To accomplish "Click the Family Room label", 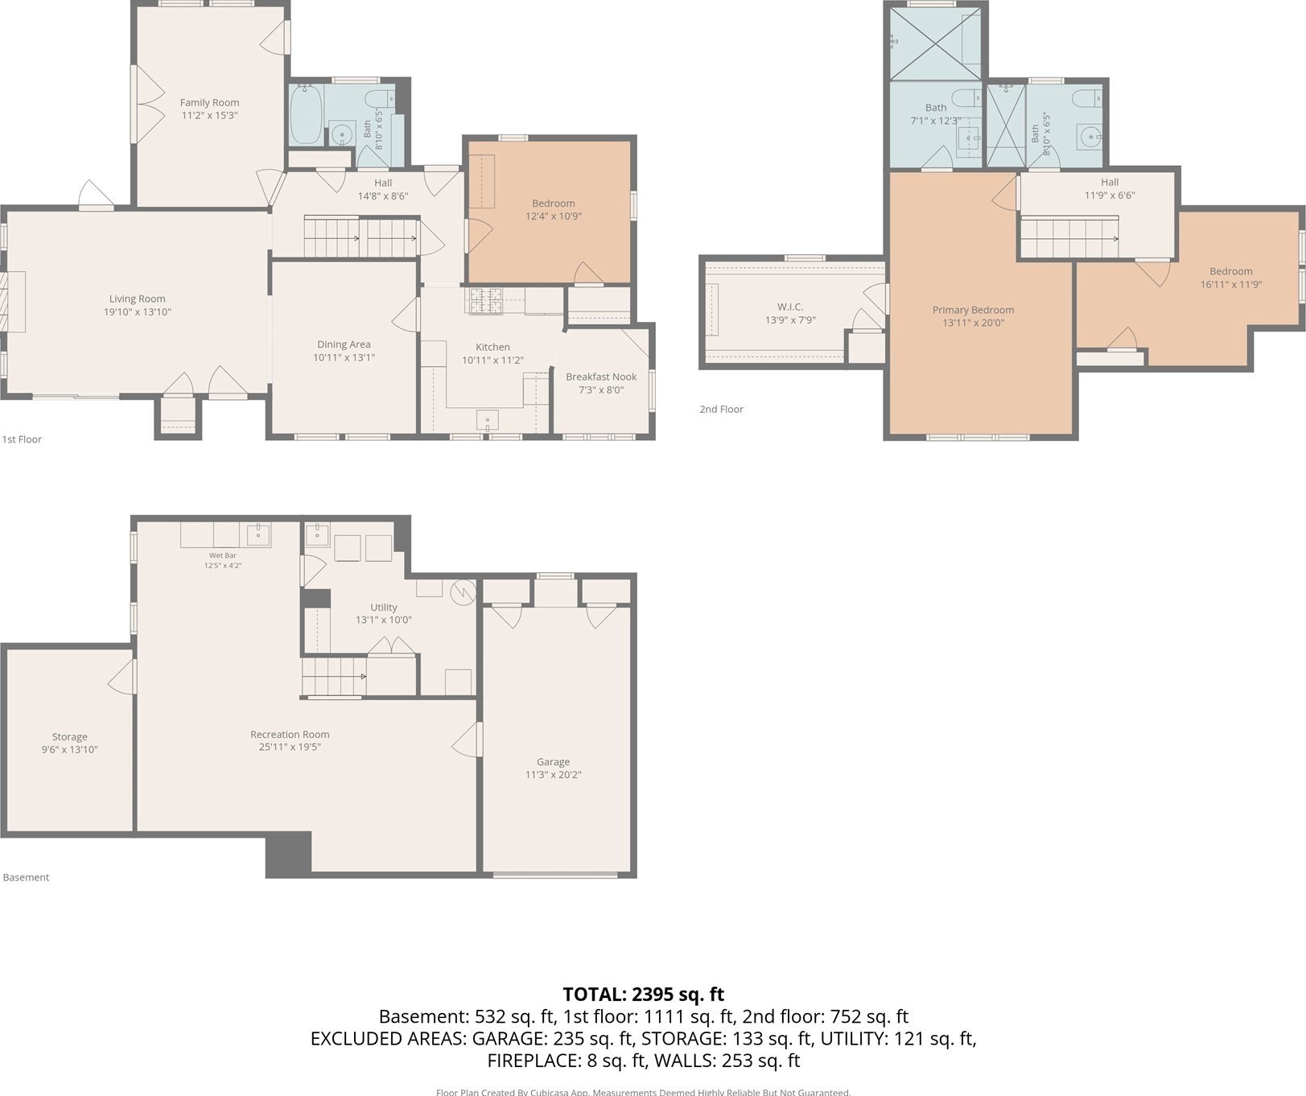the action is (209, 102).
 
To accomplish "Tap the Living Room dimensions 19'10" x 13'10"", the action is (138, 312).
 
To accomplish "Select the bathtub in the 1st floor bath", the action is (306, 114).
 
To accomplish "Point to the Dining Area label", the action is (344, 344).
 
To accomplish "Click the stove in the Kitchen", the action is (485, 300).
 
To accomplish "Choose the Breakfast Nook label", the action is (601, 377).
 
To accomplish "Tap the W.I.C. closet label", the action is (790, 307).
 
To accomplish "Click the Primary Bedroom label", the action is (973, 310).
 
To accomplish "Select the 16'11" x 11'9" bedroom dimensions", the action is (1231, 284).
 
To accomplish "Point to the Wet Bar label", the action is (223, 555).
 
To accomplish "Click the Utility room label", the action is (384, 608).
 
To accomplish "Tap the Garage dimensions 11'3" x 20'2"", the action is (554, 775).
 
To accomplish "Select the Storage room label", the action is (70, 737).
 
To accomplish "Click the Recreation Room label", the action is (290, 735).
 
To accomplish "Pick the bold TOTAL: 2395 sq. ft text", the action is (644, 995).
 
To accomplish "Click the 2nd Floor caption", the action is (721, 410).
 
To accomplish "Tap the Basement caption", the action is (26, 878).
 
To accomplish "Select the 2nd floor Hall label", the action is (1110, 183).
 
